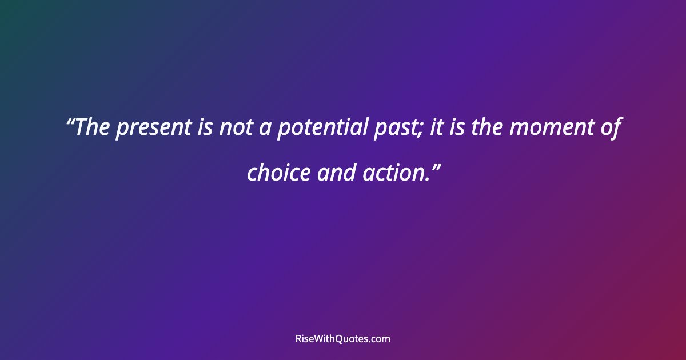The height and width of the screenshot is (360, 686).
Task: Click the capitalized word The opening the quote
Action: [x=94, y=128]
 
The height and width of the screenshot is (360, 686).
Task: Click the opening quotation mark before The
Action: [x=71, y=122]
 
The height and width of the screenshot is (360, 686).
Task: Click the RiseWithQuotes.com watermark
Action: [x=343, y=339]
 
